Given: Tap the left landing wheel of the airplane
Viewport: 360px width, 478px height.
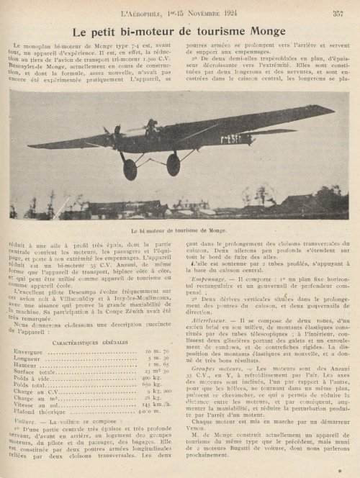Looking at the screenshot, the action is (130, 169).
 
